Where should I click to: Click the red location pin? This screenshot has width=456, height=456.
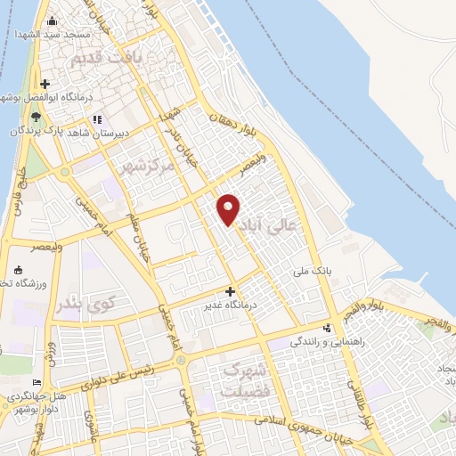(x=229, y=208)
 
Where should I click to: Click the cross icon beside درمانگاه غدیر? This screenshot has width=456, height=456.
(x=231, y=291)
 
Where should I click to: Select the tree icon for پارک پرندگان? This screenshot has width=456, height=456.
(x=36, y=117)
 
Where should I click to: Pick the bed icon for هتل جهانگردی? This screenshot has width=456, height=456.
(x=37, y=383)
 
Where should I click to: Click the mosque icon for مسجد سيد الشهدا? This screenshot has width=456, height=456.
(x=52, y=21)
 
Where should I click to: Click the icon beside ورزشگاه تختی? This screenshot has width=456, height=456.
(x=18, y=269)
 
